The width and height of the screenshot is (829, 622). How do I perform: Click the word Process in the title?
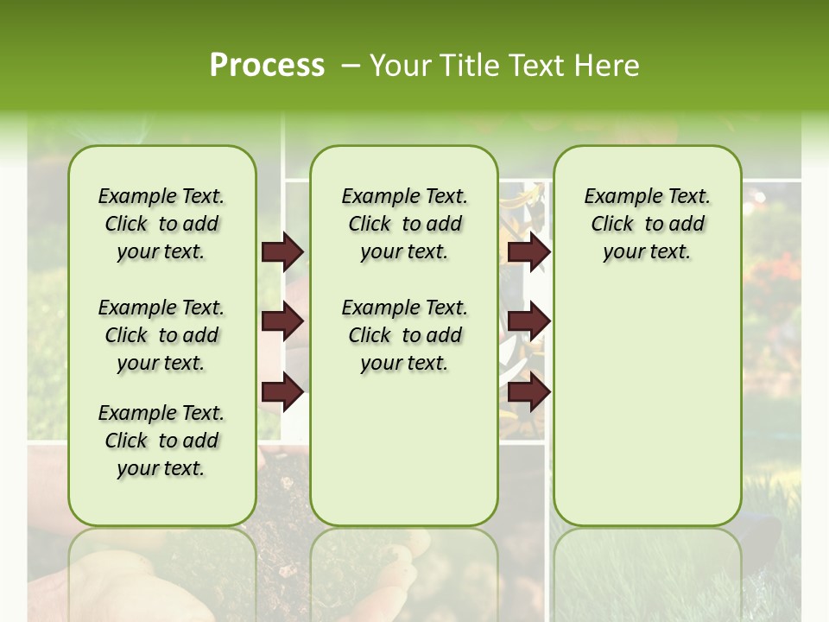tap(267, 65)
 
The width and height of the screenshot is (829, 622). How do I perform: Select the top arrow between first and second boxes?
tap(282, 252)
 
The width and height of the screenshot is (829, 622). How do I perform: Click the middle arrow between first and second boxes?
tap(282, 322)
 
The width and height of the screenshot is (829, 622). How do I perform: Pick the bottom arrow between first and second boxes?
tap(282, 393)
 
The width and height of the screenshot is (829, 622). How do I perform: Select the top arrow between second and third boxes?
tap(528, 252)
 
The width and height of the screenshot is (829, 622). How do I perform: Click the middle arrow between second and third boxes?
tap(528, 322)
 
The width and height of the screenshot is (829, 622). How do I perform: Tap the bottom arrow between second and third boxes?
tap(528, 393)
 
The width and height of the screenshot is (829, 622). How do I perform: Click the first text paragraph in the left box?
tap(161, 224)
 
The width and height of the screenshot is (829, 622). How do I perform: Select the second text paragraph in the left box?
tap(161, 335)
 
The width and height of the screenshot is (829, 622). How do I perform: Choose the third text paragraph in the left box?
tap(161, 441)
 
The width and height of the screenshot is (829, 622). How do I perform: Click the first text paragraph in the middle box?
tap(404, 224)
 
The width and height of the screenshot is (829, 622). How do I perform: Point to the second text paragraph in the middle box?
tap(404, 335)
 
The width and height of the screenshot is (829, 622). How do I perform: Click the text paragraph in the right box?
tap(647, 224)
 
